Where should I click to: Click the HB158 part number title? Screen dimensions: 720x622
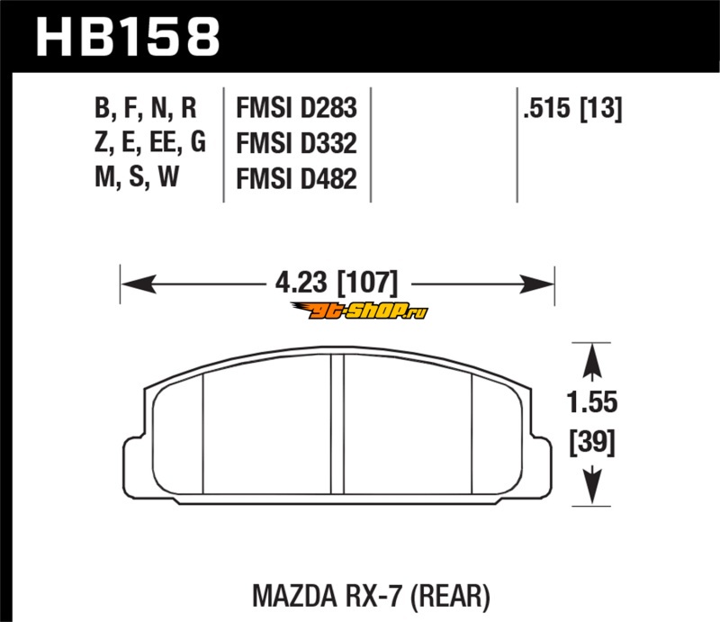(x=128, y=37)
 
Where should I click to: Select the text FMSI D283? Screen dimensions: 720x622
(x=296, y=108)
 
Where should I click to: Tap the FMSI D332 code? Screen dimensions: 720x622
(x=296, y=143)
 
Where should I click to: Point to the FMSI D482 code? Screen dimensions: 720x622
(x=296, y=179)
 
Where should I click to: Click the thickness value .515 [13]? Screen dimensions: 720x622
(x=572, y=109)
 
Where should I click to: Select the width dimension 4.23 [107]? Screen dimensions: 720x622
(x=337, y=283)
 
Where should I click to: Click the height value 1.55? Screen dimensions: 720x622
(x=592, y=402)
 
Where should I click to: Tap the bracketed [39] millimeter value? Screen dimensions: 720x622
(x=592, y=442)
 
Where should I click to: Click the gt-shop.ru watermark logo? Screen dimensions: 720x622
(x=359, y=311)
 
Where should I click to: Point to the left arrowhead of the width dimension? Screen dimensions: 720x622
(x=139, y=284)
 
